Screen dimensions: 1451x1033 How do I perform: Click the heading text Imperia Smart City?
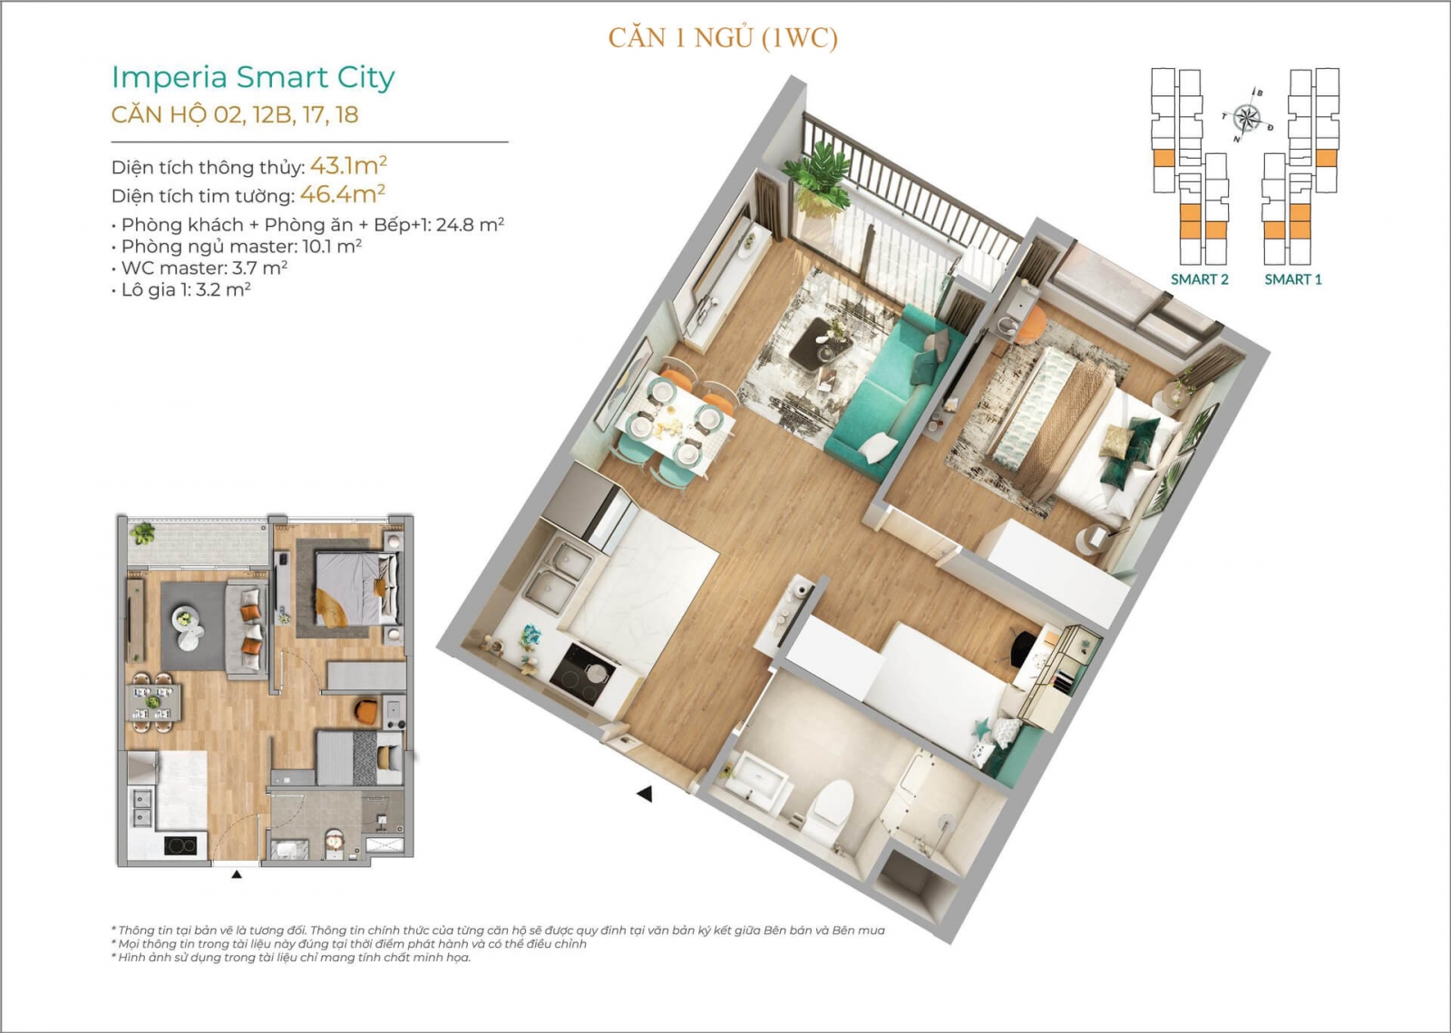[253, 78]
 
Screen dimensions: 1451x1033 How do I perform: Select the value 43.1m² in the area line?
[348, 166]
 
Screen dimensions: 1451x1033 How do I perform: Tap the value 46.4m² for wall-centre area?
[343, 194]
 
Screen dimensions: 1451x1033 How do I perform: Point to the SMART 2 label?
[1200, 279]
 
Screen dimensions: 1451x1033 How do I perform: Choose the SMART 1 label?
[1293, 279]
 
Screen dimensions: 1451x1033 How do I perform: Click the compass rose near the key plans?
[1247, 118]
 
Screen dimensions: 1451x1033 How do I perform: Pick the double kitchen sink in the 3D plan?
[558, 574]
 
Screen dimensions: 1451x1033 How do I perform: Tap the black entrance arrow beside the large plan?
[645, 794]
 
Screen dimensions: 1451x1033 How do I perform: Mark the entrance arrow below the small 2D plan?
[237, 874]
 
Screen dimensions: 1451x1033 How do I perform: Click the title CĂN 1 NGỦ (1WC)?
[723, 38]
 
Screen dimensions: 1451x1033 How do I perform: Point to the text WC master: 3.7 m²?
[204, 268]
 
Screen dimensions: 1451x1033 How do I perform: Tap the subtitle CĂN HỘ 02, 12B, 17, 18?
[235, 114]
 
